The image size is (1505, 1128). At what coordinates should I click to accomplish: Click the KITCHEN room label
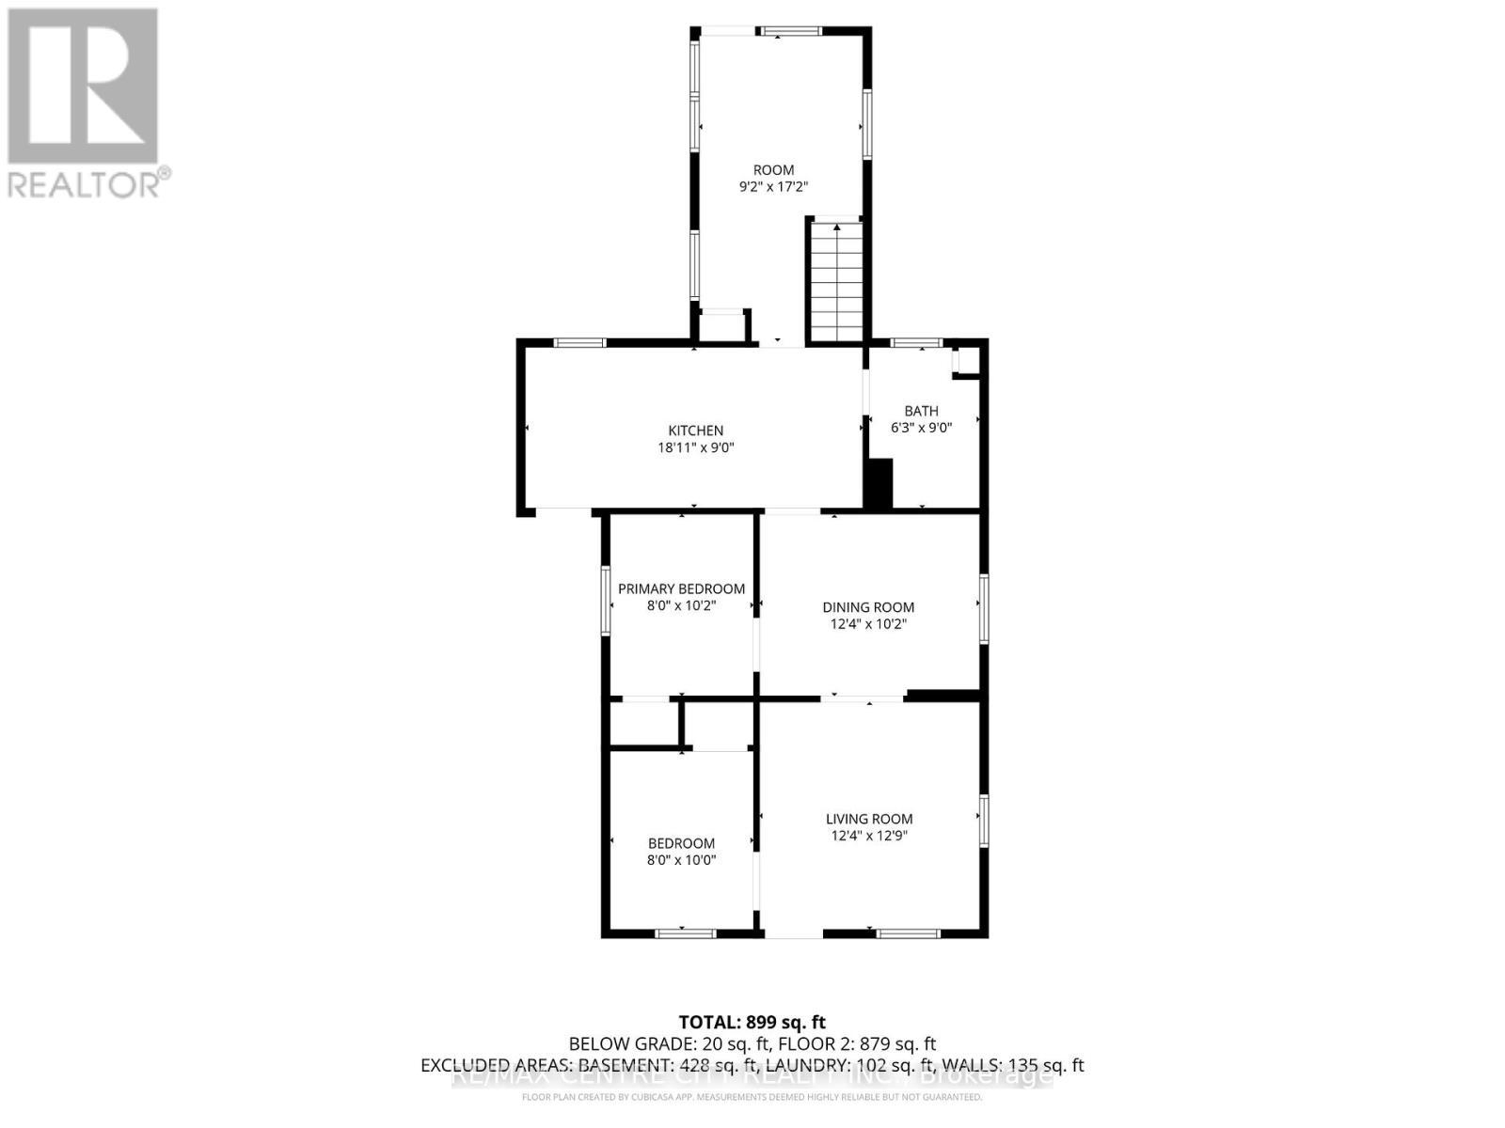click(x=695, y=431)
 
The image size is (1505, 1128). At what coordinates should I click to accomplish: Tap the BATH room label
click(x=921, y=411)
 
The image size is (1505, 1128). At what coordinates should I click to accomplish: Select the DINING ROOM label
click(x=868, y=607)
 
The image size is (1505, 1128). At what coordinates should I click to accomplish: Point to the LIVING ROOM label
click(x=869, y=819)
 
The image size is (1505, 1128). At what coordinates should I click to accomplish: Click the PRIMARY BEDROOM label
click(x=681, y=588)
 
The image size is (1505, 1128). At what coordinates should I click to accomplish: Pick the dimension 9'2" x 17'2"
click(x=773, y=187)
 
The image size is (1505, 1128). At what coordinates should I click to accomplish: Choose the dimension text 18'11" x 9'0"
click(x=695, y=448)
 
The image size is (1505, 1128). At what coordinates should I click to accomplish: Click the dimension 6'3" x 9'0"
click(x=922, y=428)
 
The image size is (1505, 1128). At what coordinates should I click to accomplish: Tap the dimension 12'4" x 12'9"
click(x=869, y=836)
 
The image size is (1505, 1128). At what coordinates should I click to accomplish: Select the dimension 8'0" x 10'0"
click(x=681, y=859)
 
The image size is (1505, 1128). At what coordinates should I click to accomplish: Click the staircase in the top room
click(x=836, y=282)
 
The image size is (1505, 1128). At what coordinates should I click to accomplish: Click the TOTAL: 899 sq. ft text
click(x=752, y=1022)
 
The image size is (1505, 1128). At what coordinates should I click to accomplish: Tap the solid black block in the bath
click(x=879, y=484)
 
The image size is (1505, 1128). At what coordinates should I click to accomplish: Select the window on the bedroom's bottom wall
click(x=685, y=933)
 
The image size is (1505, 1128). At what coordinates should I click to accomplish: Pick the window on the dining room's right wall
click(x=983, y=609)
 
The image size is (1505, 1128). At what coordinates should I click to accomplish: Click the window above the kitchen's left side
click(x=579, y=342)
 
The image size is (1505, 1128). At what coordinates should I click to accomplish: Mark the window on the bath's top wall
click(x=916, y=342)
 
